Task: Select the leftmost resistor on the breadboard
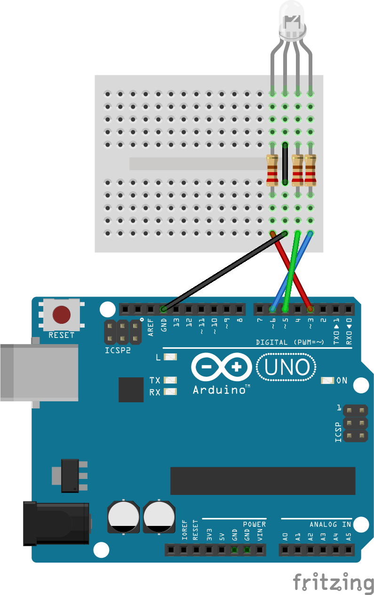[x=272, y=169]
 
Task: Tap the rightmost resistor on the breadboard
[x=310, y=169]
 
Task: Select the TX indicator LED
[x=170, y=380]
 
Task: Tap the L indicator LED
[x=170, y=357]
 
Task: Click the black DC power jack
[x=56, y=523]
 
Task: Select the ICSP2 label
[x=117, y=350]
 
